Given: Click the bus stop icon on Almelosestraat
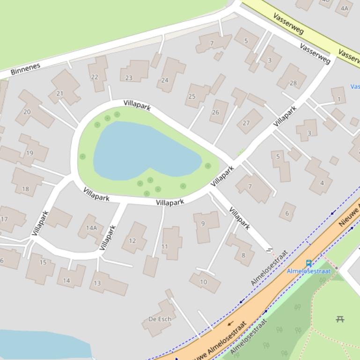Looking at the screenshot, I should pyautogui.click(x=309, y=263).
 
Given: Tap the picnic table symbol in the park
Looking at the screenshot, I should pyautogui.click(x=340, y=319).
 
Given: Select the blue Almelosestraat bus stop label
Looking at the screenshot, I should pyautogui.click(x=309, y=271).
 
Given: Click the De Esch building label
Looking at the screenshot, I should pyautogui.click(x=160, y=319).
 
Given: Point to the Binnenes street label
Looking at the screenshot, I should pyautogui.click(x=26, y=69).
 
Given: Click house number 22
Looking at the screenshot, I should pyautogui.click(x=95, y=77).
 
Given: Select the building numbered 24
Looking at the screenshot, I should pyautogui.click(x=165, y=80).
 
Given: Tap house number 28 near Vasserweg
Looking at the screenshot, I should pyautogui.click(x=293, y=83).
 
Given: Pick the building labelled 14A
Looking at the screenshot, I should pyautogui.click(x=91, y=228).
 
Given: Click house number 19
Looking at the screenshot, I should pyautogui.click(x=29, y=152).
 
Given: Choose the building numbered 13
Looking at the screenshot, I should pyautogui.click(x=97, y=283).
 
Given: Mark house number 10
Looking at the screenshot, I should pyautogui.click(x=203, y=282).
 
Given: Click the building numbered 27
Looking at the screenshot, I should pyautogui.click(x=246, y=123).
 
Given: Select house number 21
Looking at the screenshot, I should pyautogui.click(x=59, y=94).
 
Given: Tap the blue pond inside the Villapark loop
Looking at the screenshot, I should pyautogui.click(x=140, y=150).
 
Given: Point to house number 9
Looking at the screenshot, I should pyautogui.click(x=203, y=223).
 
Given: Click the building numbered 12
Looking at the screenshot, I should pyautogui.click(x=132, y=241).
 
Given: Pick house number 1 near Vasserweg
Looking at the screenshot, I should pyautogui.click(x=339, y=99).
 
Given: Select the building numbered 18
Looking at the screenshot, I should pyautogui.click(x=25, y=189).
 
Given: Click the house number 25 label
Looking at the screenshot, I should pyautogui.click(x=191, y=96).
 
